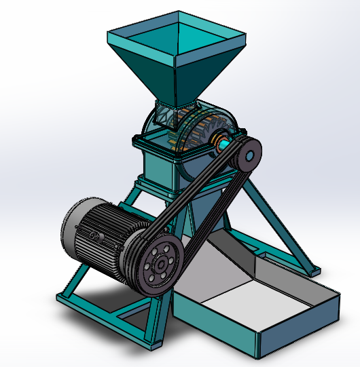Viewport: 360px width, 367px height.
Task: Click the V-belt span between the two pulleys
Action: [204, 204]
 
